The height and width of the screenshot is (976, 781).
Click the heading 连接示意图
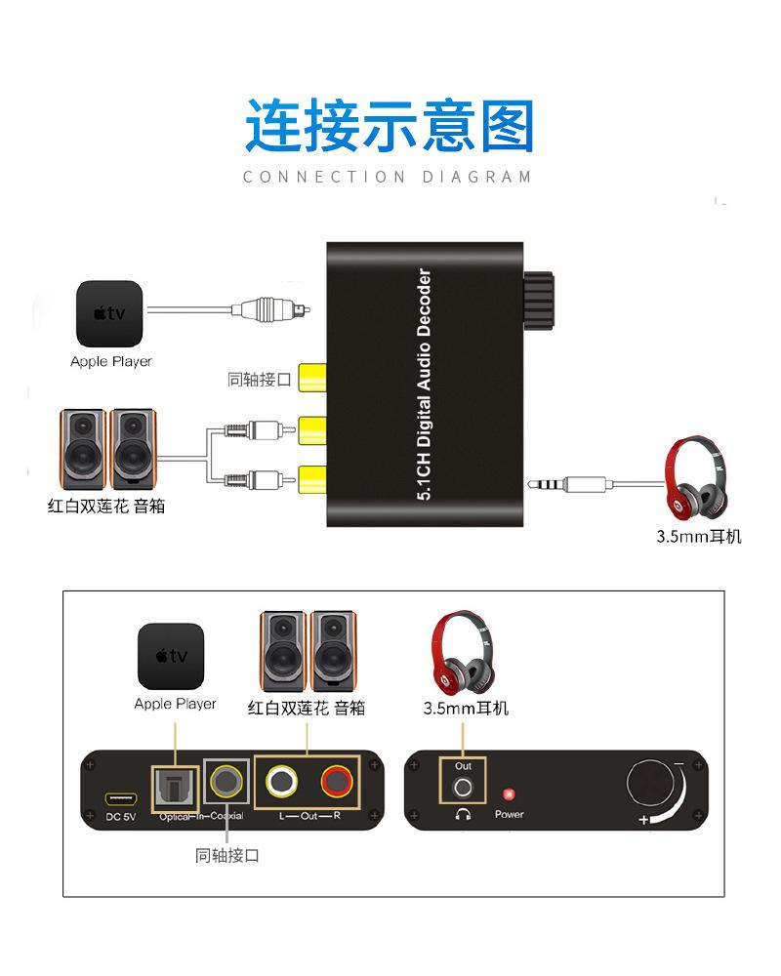pos(390,126)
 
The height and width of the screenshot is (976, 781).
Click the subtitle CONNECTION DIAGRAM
pos(389,177)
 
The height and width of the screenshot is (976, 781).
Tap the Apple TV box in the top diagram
pos(109,314)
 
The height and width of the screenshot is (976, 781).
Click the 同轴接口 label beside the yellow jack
pos(259,380)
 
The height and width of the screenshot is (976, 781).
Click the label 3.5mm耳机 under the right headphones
pos(698,537)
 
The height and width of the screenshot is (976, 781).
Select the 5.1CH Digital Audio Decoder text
pos(424,386)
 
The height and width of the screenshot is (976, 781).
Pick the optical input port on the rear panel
pos(175,784)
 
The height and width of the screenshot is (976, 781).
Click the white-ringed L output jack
pos(282,781)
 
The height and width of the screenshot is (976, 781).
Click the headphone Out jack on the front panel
pos(463,787)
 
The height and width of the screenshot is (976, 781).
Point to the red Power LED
pos(508,794)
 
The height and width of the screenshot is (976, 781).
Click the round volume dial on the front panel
pos(651,786)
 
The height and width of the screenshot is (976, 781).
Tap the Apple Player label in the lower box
pos(175,704)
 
